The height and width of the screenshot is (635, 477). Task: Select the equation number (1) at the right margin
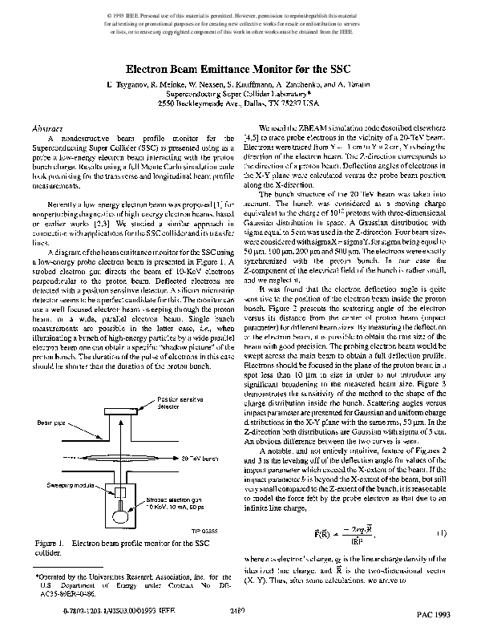(x=442, y=532)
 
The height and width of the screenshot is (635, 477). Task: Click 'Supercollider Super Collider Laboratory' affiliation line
(x=237, y=93)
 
